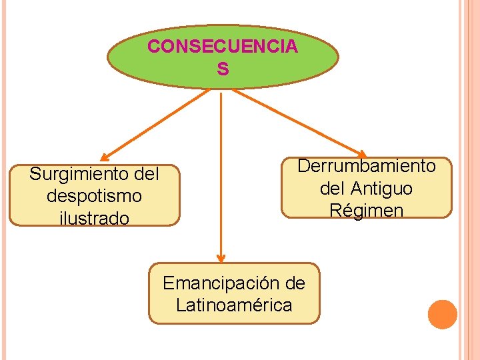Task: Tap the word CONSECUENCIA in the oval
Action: [x=223, y=47]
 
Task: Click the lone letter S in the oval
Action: [x=223, y=69]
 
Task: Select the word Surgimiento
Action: [x=71, y=175]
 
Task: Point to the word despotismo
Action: [x=94, y=196]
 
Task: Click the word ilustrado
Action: [x=94, y=218]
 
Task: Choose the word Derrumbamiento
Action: [x=366, y=166]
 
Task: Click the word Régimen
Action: [x=366, y=211]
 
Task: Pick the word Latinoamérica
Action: [x=234, y=305]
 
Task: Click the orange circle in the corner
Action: [x=442, y=315]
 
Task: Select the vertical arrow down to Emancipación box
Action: [x=221, y=173]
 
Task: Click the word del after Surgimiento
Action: [x=147, y=175]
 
